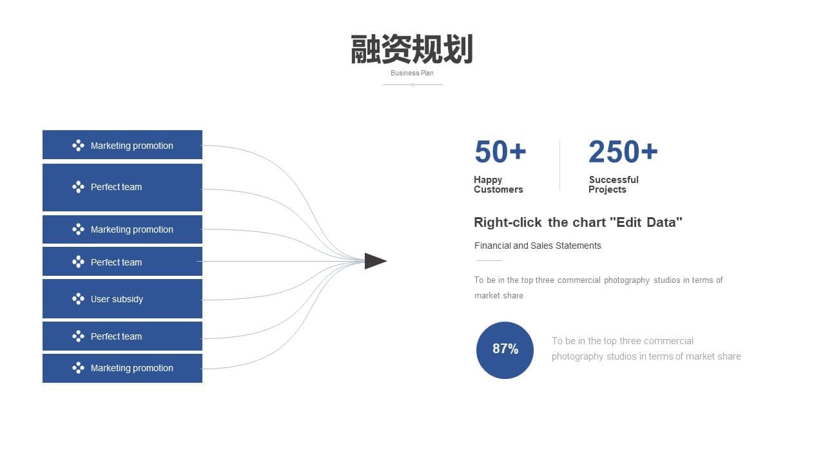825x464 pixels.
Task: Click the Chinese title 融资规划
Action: tap(412, 50)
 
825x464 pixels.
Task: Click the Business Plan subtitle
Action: tap(412, 73)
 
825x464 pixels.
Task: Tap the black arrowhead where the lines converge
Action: tap(375, 261)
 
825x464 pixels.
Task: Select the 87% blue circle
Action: tap(505, 350)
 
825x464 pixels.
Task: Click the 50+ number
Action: tap(500, 151)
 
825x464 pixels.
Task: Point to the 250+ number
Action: tap(623, 151)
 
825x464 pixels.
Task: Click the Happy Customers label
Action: tap(498, 184)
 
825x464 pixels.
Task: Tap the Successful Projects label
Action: tap(613, 184)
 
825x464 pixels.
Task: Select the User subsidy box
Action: tap(122, 298)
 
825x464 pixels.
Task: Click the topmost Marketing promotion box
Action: tap(122, 145)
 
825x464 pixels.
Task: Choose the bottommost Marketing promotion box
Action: tap(122, 368)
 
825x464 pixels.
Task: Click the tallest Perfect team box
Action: tap(122, 188)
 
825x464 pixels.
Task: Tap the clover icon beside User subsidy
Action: tap(78, 298)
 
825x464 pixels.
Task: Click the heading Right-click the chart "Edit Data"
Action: tap(578, 222)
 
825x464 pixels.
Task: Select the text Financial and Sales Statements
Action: tap(538, 246)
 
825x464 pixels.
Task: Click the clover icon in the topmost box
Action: tap(78, 146)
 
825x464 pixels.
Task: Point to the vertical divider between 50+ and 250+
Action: tap(559, 166)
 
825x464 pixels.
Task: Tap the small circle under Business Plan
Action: tap(413, 84)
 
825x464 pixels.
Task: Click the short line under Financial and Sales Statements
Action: tap(489, 261)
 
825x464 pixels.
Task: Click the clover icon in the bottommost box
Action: tap(78, 367)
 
